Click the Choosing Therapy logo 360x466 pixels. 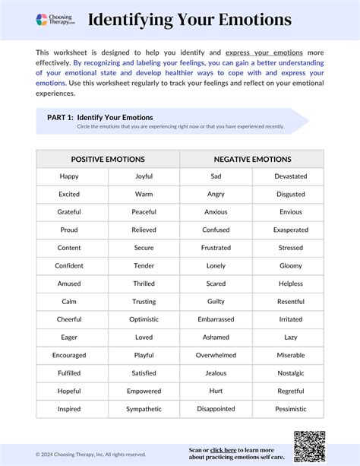tap(55, 21)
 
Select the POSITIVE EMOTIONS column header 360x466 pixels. tap(107, 159)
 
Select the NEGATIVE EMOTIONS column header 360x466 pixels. tap(252, 159)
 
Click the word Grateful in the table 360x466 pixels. tap(69, 212)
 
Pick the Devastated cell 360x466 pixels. tap(290, 176)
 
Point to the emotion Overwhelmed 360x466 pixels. tap(216, 355)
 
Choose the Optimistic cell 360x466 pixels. tap(144, 319)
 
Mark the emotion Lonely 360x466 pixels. tap(216, 265)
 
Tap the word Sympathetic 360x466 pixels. tap(144, 409)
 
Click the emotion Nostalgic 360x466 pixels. tap(290, 373)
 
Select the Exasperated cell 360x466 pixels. tap(290, 230)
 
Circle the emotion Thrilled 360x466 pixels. tap(144, 284)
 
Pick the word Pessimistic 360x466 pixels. tap(290, 409)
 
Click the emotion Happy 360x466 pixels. tap(69, 176)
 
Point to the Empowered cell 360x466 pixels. tap(144, 391)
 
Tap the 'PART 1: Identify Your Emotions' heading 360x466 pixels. tap(95, 117)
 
